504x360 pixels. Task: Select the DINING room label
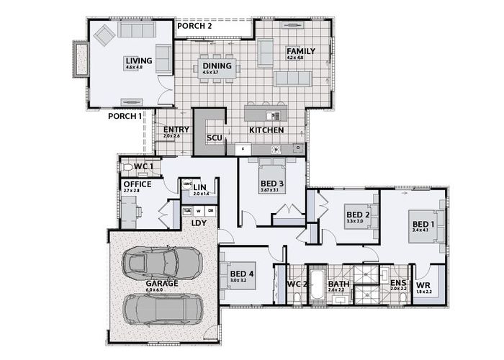coord(217,66)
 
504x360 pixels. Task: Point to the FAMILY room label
coord(300,52)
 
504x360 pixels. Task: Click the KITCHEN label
coord(266,130)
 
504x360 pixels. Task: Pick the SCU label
coord(214,138)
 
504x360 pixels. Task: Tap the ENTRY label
coord(176,130)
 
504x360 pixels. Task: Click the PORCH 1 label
coord(125,116)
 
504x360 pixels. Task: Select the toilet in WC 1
coord(129,167)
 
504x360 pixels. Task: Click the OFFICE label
coord(137,184)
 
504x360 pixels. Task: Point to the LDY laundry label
coord(199,222)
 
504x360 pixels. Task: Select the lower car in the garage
coord(161,310)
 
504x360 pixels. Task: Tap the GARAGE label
coord(161,284)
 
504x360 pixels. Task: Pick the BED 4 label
coord(241,274)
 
